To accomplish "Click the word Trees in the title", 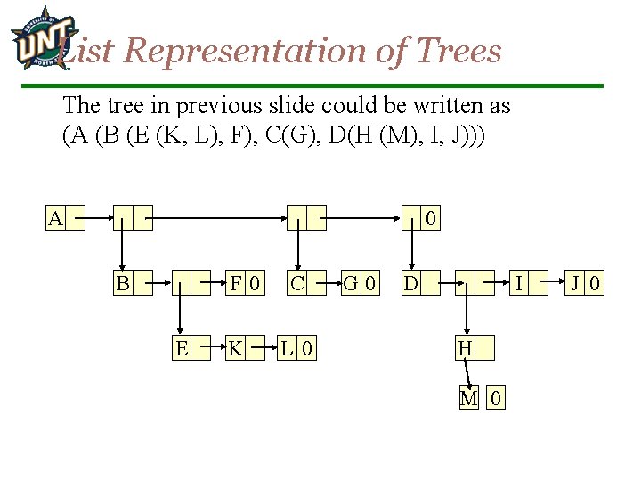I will pos(457,51).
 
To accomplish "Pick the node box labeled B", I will pos(123,283).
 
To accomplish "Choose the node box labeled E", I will pos(182,348).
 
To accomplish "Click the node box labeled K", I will pos(235,348).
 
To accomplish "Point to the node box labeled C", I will pos(297,283).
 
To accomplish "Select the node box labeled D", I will pos(410,283).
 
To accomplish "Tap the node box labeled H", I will pos(464,348).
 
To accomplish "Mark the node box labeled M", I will pos(469,398).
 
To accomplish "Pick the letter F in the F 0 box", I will pos(236,283).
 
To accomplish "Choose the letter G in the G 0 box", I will pos(352,283).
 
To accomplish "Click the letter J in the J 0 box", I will pos(577,283).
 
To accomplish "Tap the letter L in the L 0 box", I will pos(288,348).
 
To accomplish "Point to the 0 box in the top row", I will pos(431,218).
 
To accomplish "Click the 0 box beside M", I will pos(496,398).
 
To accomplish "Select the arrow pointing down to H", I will pos(464,316).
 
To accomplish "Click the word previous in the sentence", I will pos(213,105).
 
